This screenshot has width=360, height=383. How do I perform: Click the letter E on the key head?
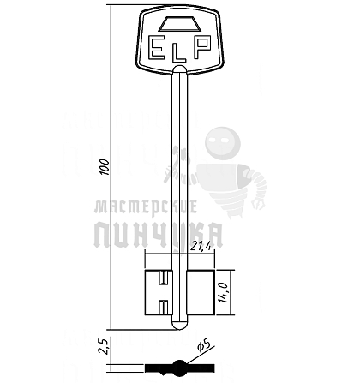coord(157,48)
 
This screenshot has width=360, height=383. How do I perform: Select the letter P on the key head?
coord(202,47)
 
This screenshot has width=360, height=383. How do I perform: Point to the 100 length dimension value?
coord(105,167)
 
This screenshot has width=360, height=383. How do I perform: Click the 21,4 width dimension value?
coord(201,247)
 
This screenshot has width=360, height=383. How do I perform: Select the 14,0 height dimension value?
coord(224,292)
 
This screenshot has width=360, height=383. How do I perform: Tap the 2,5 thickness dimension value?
coord(103,346)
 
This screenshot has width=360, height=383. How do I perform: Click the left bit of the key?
coord(159,292)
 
